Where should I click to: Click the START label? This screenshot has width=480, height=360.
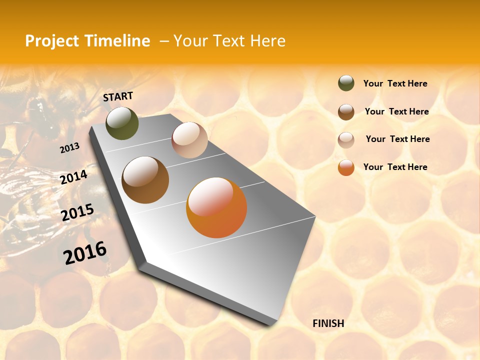(x=118, y=96)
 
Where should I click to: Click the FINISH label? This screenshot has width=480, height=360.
(x=328, y=323)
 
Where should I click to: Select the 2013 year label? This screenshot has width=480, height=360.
(x=69, y=148)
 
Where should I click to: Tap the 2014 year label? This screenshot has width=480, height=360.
(x=74, y=177)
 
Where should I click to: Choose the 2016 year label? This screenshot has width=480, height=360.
(x=85, y=253)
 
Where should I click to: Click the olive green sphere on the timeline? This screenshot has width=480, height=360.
(x=122, y=123)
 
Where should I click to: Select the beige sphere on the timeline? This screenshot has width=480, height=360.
(x=189, y=140)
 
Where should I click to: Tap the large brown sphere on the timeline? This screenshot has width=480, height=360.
(x=145, y=180)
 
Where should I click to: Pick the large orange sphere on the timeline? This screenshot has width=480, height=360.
(x=216, y=207)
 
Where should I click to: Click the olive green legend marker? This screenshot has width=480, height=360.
(x=346, y=83)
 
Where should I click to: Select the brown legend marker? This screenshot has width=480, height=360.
(x=346, y=112)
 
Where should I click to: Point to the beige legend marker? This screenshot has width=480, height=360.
(x=346, y=140)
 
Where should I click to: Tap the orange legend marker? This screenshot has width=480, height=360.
(x=346, y=167)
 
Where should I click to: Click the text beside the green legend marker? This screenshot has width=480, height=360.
(x=395, y=84)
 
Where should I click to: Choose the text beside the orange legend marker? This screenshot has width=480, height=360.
(x=395, y=167)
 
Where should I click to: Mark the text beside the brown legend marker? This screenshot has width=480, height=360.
(x=396, y=111)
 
